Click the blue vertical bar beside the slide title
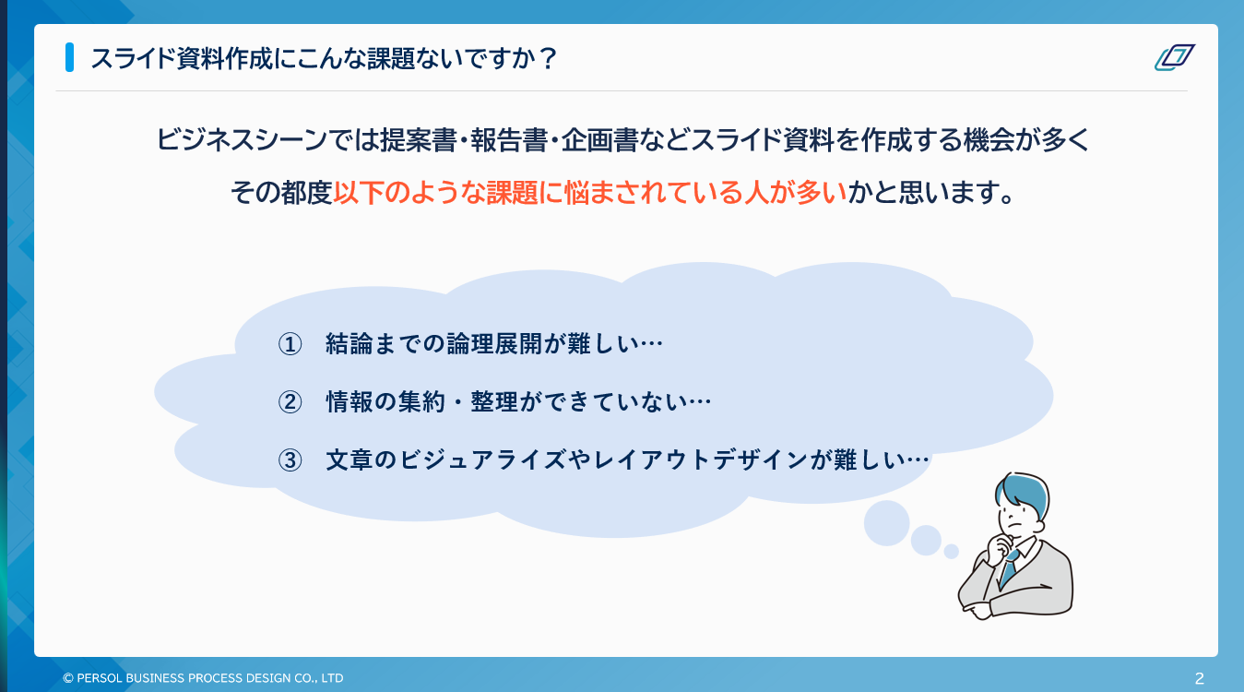[69, 57]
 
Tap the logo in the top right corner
[1174, 57]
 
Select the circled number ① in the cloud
[290, 344]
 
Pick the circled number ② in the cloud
[290, 402]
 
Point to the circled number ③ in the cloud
[290, 459]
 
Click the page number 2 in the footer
[1199, 678]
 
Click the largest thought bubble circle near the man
[886, 523]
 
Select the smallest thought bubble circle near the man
[951, 551]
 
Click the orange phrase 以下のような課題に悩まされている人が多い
[589, 194]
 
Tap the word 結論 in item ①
[343, 344]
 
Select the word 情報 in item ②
[343, 402]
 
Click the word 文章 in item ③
[343, 459]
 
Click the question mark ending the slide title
[548, 58]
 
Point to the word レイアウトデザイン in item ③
[702, 459]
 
